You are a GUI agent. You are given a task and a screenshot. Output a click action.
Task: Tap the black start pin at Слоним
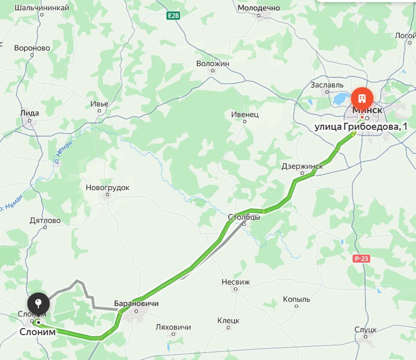click(39, 305)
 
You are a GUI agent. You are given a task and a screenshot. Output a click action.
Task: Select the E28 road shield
click(174, 16)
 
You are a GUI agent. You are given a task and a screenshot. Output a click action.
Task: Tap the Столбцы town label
click(244, 217)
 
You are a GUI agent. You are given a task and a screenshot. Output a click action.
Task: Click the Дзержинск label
click(302, 166)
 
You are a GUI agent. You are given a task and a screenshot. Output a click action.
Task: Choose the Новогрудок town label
click(108, 188)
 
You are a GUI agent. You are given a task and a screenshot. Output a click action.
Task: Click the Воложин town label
click(213, 63)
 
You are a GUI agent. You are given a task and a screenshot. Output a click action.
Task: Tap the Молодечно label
click(259, 8)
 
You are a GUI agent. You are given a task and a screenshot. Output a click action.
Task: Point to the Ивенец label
click(245, 115)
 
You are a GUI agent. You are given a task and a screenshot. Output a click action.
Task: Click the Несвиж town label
click(236, 282)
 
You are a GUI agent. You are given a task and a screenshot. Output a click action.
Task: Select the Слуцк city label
click(365, 329)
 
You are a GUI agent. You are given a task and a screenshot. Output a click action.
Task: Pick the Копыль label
click(296, 299)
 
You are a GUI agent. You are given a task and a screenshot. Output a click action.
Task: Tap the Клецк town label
click(228, 320)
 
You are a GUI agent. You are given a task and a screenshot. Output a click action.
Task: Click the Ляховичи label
click(174, 327)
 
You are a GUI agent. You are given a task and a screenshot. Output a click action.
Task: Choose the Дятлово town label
click(45, 221)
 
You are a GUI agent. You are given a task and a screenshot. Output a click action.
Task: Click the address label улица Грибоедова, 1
click(361, 126)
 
